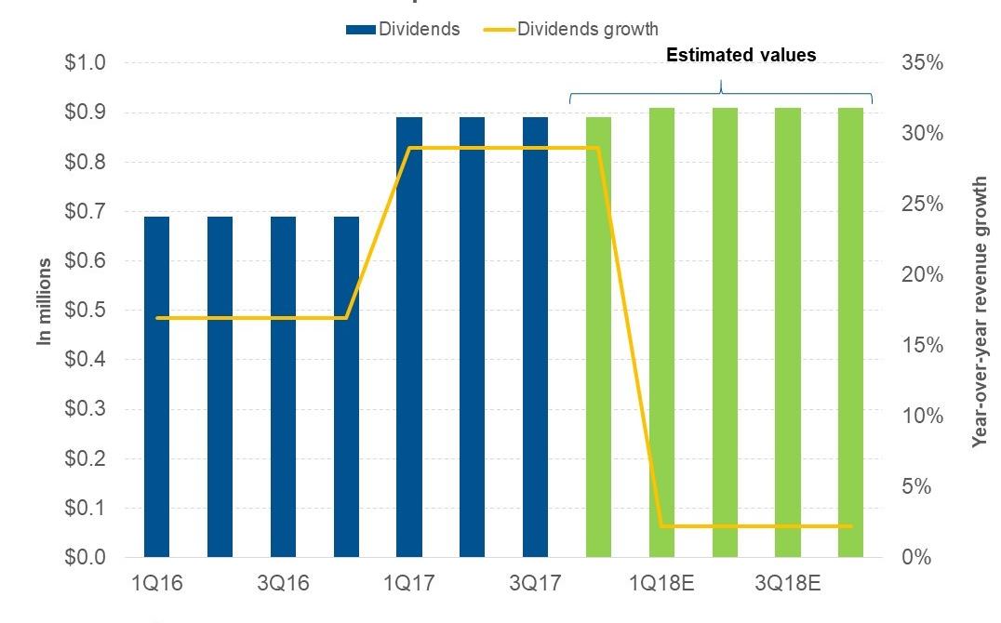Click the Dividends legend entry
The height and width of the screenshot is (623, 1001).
click(404, 29)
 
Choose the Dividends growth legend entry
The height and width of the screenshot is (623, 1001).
click(572, 29)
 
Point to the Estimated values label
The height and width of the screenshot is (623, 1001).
click(741, 56)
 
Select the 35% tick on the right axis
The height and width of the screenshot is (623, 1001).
click(921, 63)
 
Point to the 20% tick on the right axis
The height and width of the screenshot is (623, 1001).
click(921, 275)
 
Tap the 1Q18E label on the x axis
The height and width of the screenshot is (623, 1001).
click(661, 584)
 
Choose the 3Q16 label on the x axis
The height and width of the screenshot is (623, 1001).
click(283, 584)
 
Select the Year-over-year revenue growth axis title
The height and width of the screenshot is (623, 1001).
click(979, 311)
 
